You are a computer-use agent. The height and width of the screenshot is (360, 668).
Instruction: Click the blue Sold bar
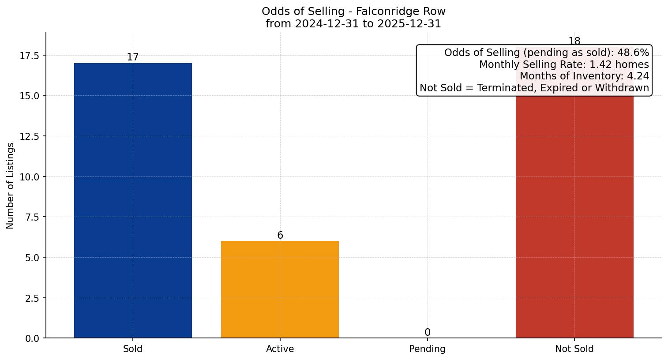[133, 200]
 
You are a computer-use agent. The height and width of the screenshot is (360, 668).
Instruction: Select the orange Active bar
[280, 289]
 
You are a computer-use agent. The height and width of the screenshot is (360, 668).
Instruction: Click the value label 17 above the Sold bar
[133, 57]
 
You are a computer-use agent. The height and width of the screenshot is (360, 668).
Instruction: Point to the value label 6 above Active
[280, 236]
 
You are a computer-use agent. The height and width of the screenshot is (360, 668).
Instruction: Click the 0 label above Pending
[427, 332]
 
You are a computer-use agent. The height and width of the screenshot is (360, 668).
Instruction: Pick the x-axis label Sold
[133, 349]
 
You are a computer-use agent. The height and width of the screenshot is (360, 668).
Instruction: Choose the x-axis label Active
[280, 349]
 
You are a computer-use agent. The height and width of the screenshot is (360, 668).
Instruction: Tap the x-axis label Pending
[427, 349]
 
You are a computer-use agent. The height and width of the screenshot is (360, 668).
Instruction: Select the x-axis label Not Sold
[574, 349]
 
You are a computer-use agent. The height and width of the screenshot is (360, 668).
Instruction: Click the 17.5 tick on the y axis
[29, 56]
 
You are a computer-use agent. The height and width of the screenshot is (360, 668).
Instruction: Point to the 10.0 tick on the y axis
[29, 177]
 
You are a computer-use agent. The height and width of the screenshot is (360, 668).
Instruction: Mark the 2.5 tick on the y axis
[32, 298]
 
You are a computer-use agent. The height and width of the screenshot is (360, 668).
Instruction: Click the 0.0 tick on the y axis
[32, 338]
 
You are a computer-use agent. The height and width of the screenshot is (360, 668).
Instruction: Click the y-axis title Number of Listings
[11, 186]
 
